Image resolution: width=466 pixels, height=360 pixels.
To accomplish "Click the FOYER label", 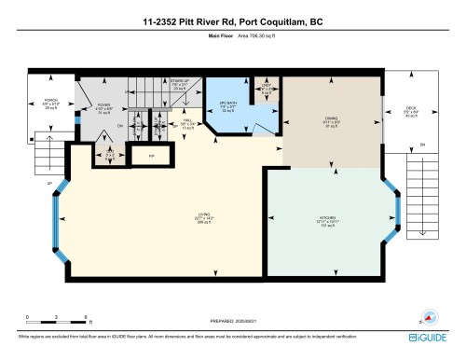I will [103, 107].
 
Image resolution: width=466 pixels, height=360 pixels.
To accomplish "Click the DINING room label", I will [331, 121].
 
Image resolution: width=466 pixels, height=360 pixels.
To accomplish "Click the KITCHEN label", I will [326, 222].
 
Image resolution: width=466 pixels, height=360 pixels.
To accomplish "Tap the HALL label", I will [186, 120].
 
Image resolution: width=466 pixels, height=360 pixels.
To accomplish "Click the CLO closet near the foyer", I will [108, 151].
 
